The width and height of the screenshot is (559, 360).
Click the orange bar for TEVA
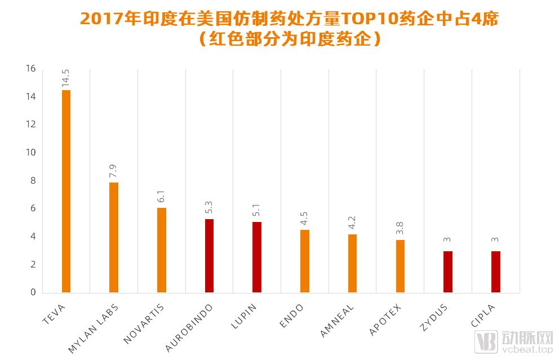point(66,191)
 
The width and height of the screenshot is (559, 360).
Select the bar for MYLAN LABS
point(114,237)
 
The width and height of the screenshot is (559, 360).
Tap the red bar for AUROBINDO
point(209,255)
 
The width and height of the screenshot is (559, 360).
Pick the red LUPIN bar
point(257,257)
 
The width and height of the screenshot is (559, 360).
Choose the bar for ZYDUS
point(448,272)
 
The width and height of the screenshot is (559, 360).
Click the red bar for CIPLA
point(496,272)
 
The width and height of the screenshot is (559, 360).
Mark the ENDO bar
point(305,261)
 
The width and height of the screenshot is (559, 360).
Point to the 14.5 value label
point(66,78)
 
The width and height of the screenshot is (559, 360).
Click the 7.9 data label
point(114,171)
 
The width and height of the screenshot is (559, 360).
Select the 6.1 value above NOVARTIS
point(162,197)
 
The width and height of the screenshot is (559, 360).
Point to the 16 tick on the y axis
point(30,69)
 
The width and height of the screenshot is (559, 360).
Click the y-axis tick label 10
point(30,153)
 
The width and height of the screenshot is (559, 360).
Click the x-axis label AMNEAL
point(338,319)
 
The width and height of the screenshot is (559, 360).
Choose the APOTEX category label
point(385,319)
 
